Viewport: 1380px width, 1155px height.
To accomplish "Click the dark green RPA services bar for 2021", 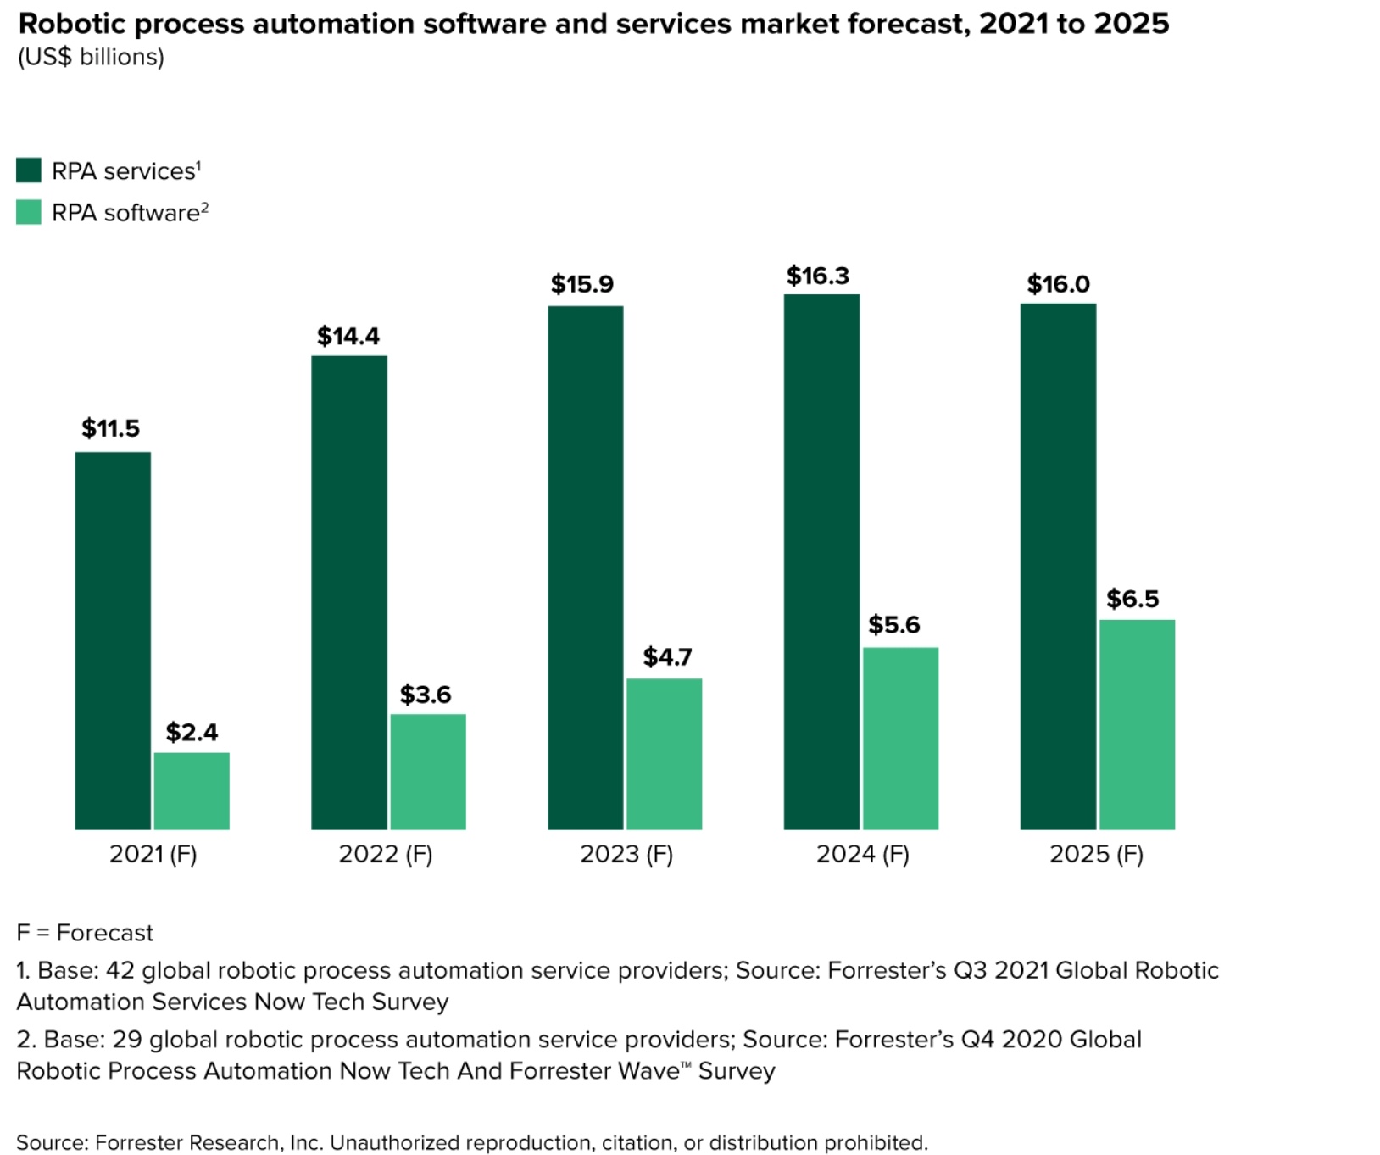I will pyautogui.click(x=113, y=640).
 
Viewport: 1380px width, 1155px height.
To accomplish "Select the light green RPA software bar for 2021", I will pyautogui.click(x=192, y=790).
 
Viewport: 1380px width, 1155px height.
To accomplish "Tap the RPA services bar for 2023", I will pyautogui.click(x=585, y=567).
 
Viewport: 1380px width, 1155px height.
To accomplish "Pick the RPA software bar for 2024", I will pyautogui.click(x=900, y=738).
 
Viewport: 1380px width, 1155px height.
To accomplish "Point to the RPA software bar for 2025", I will pyautogui.click(x=1137, y=724).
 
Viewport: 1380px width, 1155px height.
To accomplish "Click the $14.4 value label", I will pyautogui.click(x=348, y=337).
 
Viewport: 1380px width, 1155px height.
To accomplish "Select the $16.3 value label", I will pyautogui.click(x=817, y=276).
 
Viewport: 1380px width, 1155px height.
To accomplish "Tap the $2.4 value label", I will pyautogui.click(x=192, y=733).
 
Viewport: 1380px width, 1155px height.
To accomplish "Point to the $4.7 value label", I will pyautogui.click(x=667, y=657).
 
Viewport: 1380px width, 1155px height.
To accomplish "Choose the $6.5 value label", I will pyautogui.click(x=1132, y=600).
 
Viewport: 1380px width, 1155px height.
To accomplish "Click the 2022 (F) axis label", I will pyautogui.click(x=386, y=854).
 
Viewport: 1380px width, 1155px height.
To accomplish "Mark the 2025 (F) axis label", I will pyautogui.click(x=1096, y=854).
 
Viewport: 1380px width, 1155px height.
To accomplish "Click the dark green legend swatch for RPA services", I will pyautogui.click(x=29, y=170).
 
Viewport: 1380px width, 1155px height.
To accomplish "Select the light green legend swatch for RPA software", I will pyautogui.click(x=29, y=212).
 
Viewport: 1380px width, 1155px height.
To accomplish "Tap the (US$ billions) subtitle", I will pyautogui.click(x=91, y=57).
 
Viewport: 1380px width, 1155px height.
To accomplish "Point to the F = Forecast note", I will pyautogui.click(x=85, y=933).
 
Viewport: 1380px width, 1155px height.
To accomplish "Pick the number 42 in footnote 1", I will pyautogui.click(x=120, y=970).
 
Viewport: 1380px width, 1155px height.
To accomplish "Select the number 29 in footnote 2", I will pyautogui.click(x=127, y=1040).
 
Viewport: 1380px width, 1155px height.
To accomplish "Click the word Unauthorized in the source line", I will pyautogui.click(x=394, y=1142).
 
